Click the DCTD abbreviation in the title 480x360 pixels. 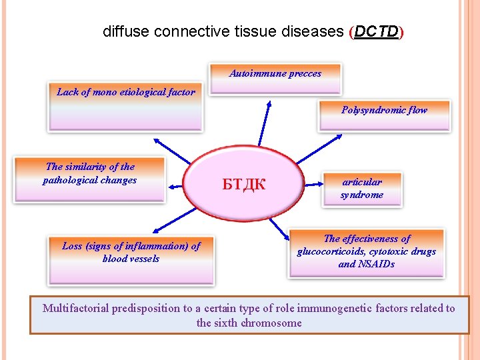[377, 31]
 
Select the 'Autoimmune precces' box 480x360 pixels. [275, 79]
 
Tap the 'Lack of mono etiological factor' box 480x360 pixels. [126, 107]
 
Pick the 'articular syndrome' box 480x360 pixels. [361, 189]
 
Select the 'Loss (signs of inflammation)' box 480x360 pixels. [131, 259]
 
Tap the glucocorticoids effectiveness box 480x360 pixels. [367, 253]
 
